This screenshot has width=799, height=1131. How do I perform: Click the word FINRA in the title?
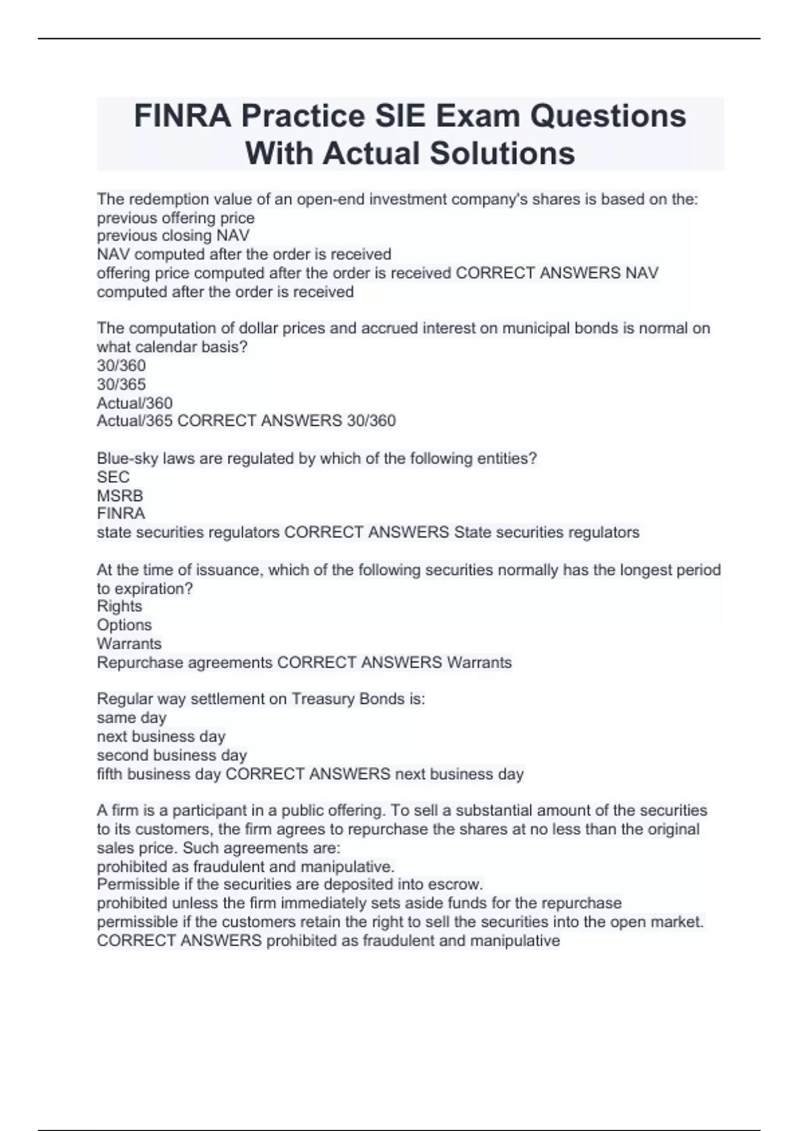pyautogui.click(x=182, y=116)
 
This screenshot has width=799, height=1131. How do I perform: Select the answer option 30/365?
pyautogui.click(x=121, y=384)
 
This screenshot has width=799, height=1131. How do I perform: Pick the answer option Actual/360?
pyautogui.click(x=134, y=403)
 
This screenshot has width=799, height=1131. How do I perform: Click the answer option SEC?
pyautogui.click(x=113, y=476)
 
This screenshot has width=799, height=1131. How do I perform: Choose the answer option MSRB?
pyautogui.click(x=120, y=496)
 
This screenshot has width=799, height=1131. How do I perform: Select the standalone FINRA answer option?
pyautogui.click(x=121, y=513)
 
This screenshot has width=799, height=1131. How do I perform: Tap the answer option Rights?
pyautogui.click(x=119, y=606)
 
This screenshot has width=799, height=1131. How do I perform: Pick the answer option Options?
pyautogui.click(x=124, y=625)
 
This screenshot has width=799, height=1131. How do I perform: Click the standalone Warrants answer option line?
pyautogui.click(x=129, y=643)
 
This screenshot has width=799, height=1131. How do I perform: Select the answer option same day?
pyautogui.click(x=131, y=717)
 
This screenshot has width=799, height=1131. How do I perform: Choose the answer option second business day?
pyautogui.click(x=172, y=755)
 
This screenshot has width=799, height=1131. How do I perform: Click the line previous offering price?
pyautogui.click(x=176, y=218)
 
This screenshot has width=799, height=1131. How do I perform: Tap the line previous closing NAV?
pyautogui.click(x=173, y=236)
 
